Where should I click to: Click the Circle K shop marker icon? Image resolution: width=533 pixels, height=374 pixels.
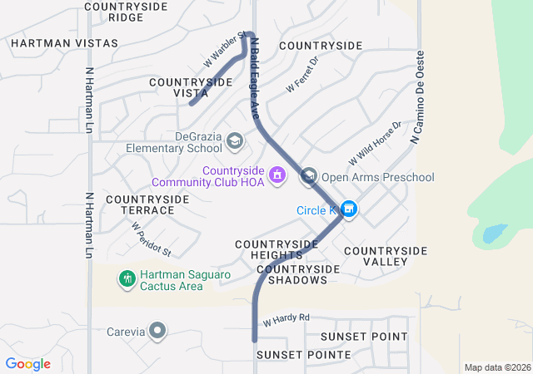click(x=349, y=210)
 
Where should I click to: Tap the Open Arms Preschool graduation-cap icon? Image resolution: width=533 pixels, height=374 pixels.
click(x=309, y=176)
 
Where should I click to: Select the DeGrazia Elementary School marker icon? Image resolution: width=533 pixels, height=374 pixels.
click(x=235, y=141)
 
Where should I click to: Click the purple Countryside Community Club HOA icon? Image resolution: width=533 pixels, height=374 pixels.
click(x=277, y=176)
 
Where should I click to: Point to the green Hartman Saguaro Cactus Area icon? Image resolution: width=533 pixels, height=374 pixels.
click(x=127, y=279)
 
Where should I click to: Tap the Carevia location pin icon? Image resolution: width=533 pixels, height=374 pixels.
click(x=157, y=332)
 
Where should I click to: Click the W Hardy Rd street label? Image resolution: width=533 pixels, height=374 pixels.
click(x=286, y=318)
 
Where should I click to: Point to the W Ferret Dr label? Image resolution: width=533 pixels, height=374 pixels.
click(x=302, y=74)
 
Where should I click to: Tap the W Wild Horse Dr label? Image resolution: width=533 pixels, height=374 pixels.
click(x=375, y=142)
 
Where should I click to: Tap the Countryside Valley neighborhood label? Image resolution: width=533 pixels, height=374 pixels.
click(x=385, y=256)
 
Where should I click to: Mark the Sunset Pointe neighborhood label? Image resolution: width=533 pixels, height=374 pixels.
click(x=303, y=355)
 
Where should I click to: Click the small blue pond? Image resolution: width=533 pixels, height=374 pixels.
click(x=494, y=232)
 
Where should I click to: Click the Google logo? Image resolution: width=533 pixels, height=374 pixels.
click(x=28, y=364)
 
